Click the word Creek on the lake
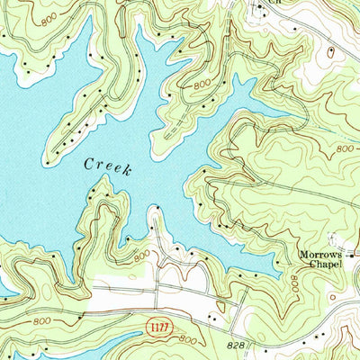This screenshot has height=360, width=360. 109,166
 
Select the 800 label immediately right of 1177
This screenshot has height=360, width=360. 188,338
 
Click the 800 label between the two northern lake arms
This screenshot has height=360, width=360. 203,83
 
